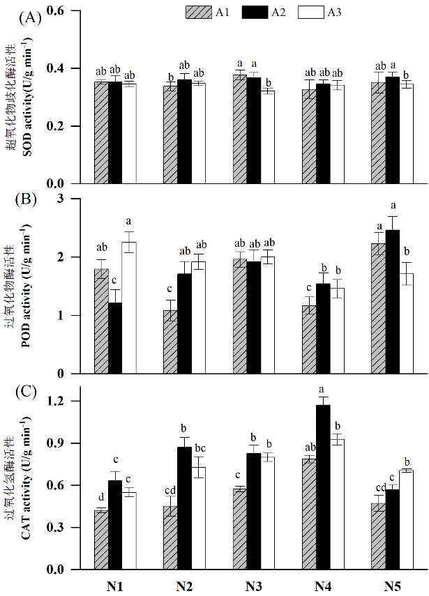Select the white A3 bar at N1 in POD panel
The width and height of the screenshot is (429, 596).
128,307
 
